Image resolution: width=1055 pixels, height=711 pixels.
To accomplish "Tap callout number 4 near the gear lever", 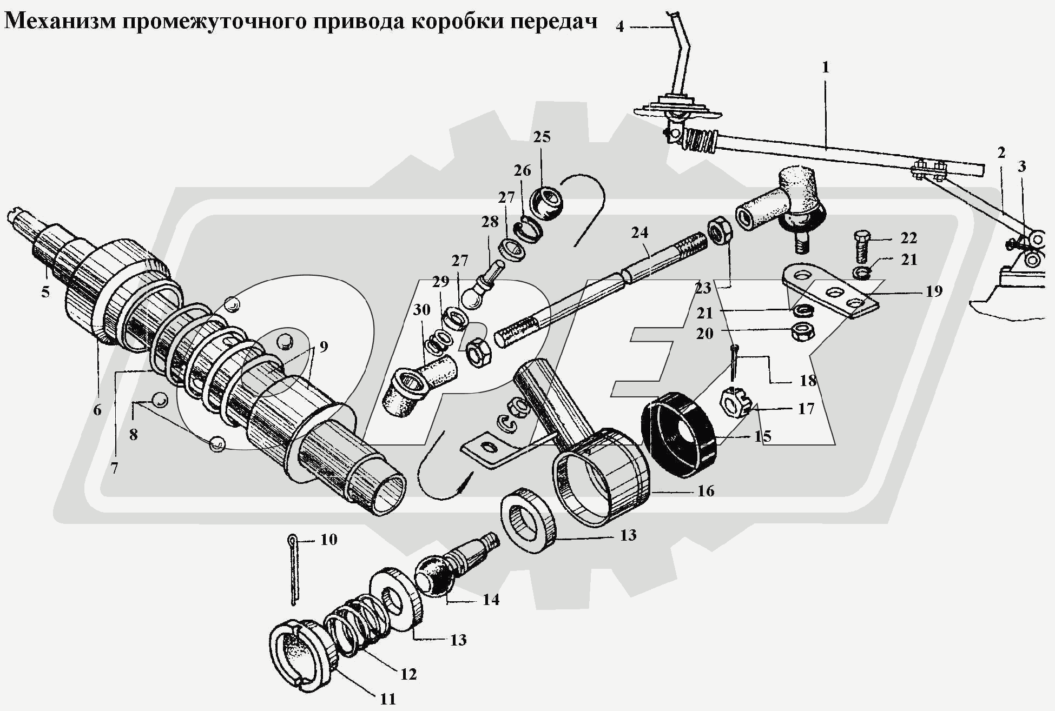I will pos(619,26).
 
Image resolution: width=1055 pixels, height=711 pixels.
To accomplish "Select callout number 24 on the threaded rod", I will pos(639,232).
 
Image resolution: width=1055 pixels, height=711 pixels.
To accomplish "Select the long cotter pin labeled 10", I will pos(293,570).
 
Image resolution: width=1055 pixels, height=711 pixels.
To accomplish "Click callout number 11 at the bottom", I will pos(387,699).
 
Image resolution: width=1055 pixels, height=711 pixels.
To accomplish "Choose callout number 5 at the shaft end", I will pos(45,292).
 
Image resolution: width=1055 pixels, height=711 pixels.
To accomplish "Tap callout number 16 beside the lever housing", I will pos(706,491).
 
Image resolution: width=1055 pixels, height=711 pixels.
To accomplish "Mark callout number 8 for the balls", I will pos(133,434).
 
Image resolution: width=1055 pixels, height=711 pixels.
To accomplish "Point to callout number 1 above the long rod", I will pos(825,68).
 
